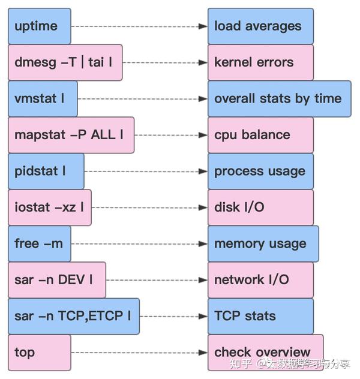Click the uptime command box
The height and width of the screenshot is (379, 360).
pos(39,26)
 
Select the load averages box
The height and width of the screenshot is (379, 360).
pos(260,26)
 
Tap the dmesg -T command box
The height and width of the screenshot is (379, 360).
pos(65,62)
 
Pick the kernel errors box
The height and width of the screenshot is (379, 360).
pos(260,62)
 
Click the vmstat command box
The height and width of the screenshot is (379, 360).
pos(43,98)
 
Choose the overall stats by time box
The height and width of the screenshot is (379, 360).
pos(279,98)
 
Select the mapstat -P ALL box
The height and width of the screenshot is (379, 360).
pos(71,135)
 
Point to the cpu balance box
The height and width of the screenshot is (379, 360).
pos(260,135)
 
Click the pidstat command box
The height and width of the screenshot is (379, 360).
pos(46,171)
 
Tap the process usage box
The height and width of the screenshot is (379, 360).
pos(260,171)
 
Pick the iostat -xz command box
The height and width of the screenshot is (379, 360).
pos(49,207)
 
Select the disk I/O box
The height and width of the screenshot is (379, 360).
pos(260,207)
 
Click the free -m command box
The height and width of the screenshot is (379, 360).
pos(39,243)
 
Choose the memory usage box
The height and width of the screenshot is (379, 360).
pos(263,243)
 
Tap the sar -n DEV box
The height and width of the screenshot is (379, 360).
pos(56,279)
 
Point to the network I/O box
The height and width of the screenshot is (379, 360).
pos(260,279)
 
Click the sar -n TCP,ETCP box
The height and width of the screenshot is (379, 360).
pos(73,316)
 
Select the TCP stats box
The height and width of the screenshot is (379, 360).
pos(260,316)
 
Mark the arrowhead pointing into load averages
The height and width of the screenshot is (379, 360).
pos(204,26)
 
